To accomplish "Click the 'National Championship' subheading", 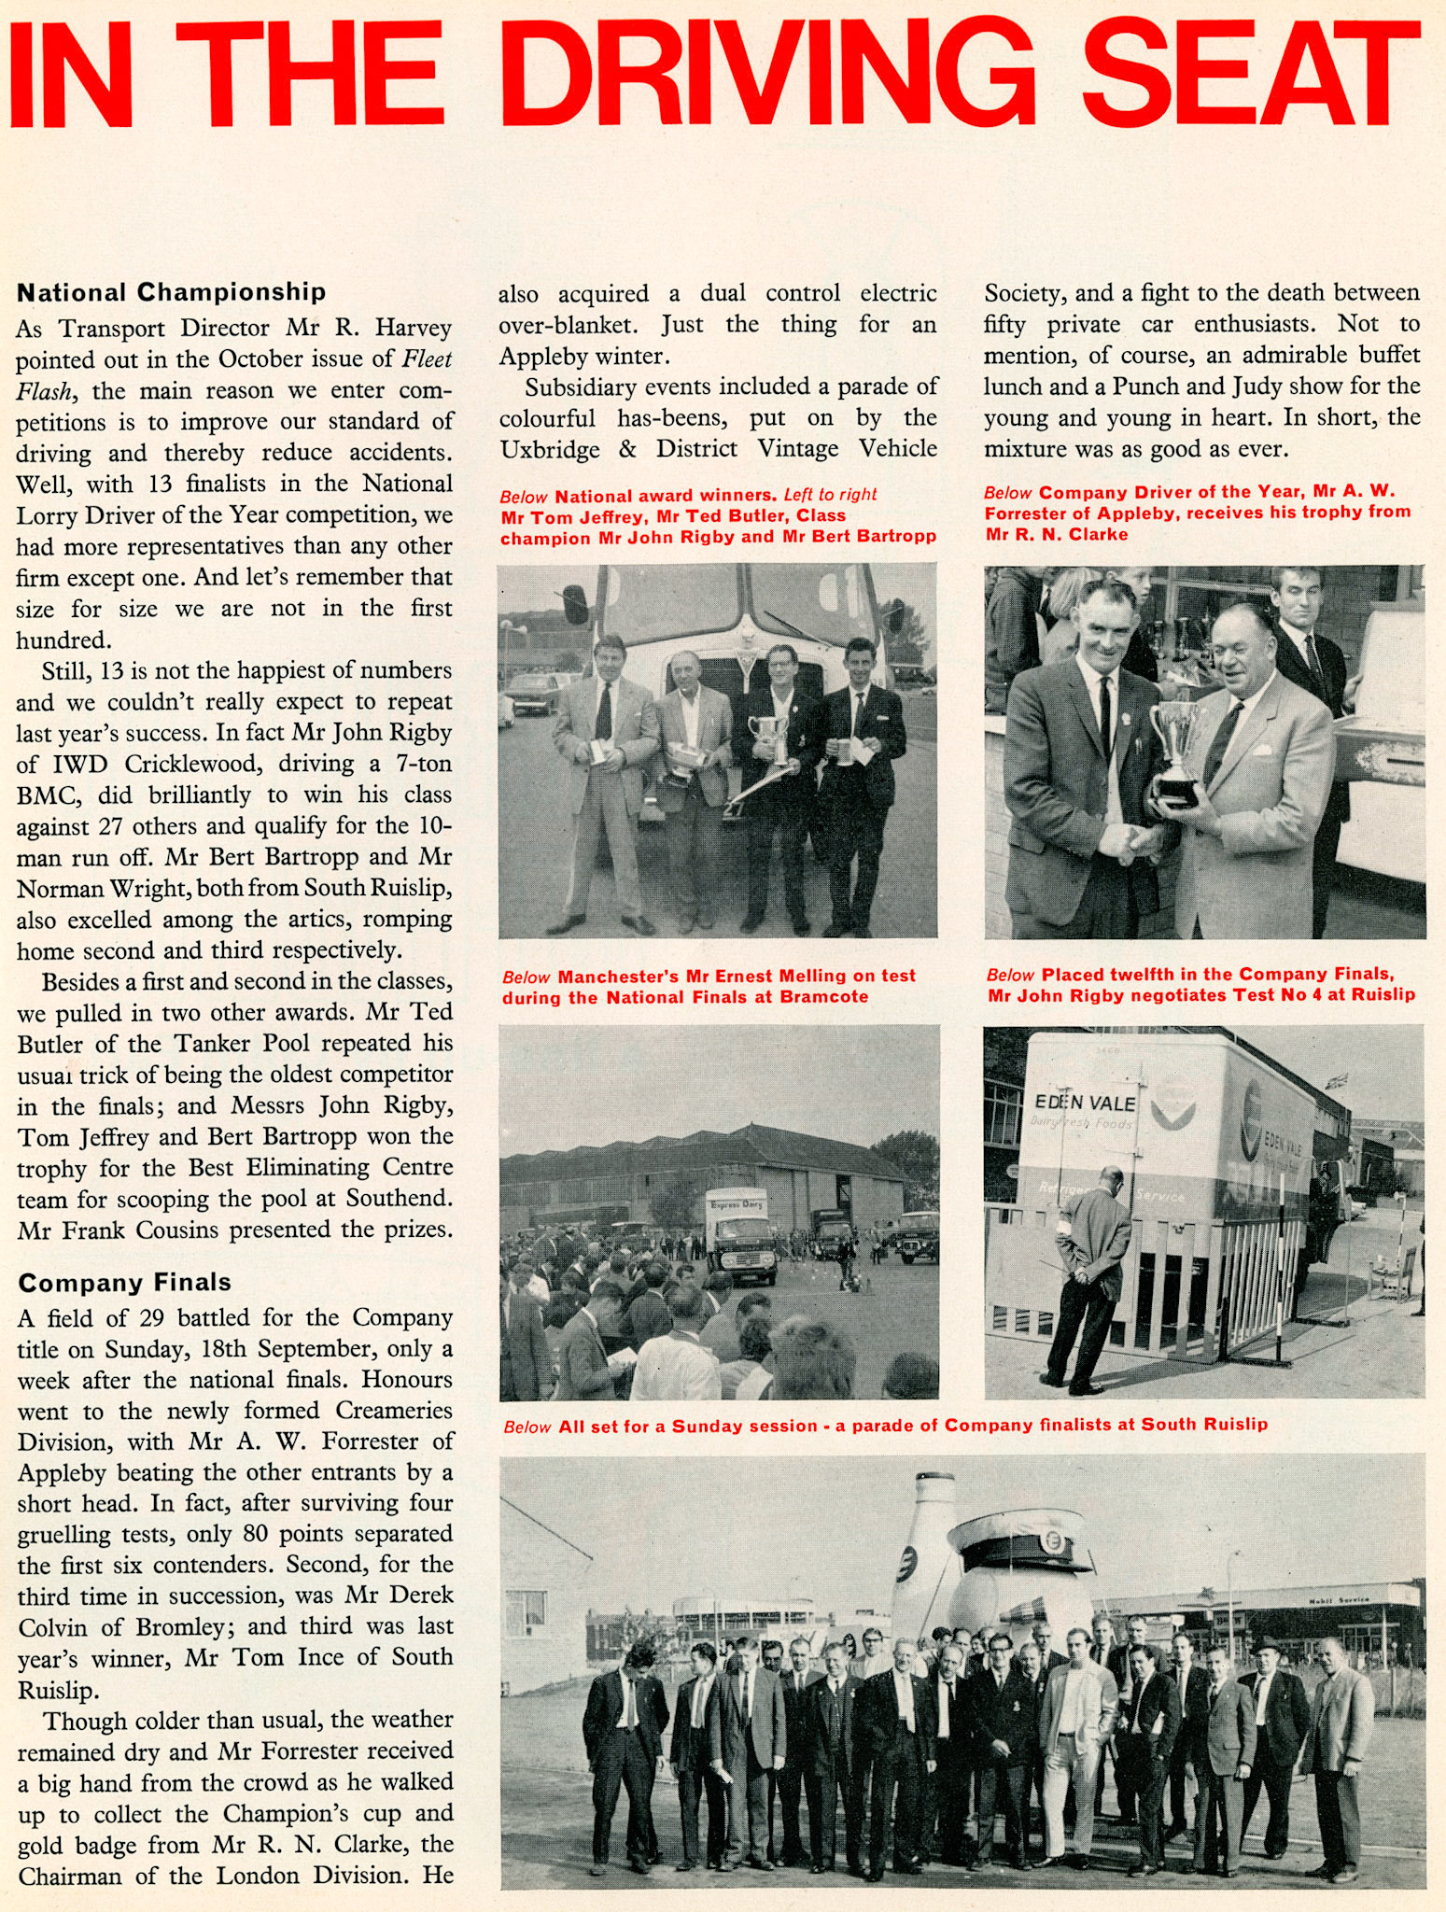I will click(172, 292).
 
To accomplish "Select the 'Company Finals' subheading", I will click(124, 1283).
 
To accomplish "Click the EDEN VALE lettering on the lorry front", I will click(1085, 1103).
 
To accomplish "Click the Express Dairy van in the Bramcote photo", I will click(740, 1233).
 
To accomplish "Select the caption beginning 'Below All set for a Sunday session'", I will click(885, 1426).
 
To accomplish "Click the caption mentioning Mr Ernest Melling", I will click(708, 986).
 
